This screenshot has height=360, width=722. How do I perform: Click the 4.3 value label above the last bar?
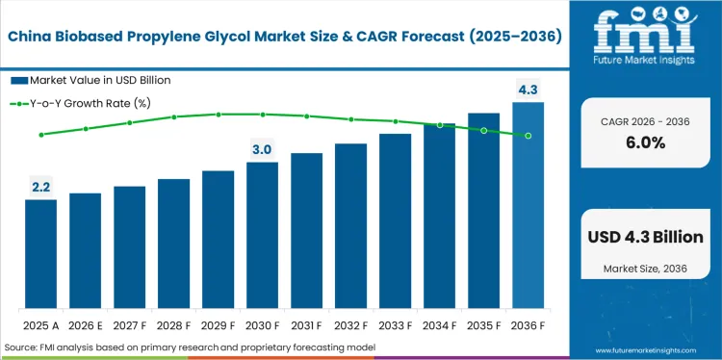click(528, 90)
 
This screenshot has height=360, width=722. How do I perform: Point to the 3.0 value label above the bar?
click(262, 149)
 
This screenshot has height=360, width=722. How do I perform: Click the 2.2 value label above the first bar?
click(40, 187)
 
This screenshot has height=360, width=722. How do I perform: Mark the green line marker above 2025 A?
click(40, 135)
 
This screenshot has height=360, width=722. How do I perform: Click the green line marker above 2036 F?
click(528, 136)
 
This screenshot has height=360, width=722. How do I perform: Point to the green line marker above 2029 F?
click(218, 115)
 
